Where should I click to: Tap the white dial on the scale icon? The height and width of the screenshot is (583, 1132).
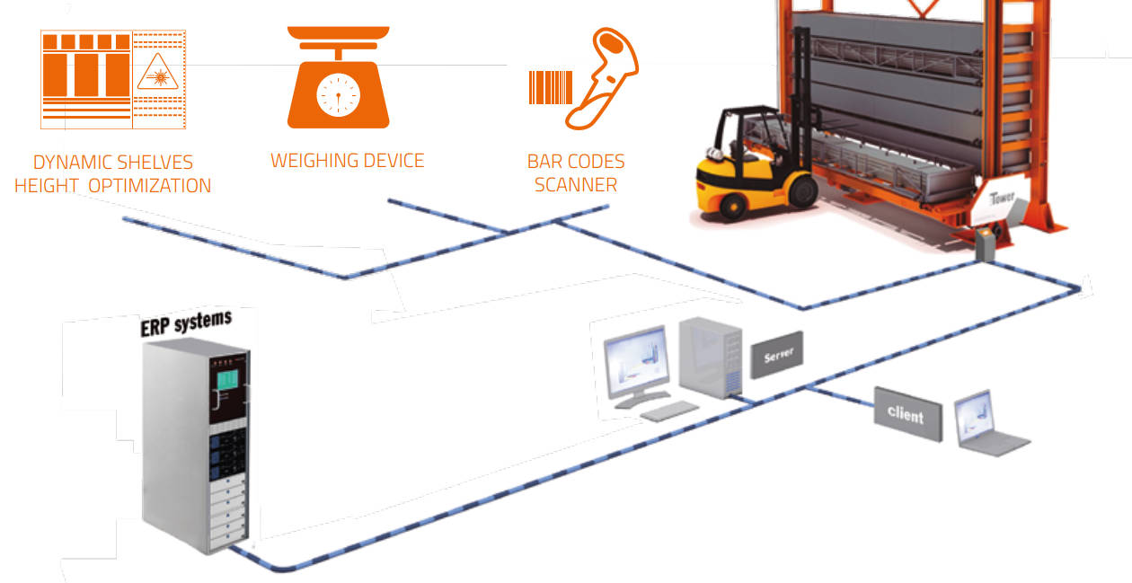click(338, 95)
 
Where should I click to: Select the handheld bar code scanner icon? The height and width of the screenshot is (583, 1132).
click(602, 78)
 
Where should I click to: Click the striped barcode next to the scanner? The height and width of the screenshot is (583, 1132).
click(551, 87)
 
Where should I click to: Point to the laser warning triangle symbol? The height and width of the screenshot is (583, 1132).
click(158, 72)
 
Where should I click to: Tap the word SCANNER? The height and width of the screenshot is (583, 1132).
click(576, 185)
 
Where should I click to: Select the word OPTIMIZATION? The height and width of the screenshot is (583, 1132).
click(149, 186)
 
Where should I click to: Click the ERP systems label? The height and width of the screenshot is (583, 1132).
click(186, 322)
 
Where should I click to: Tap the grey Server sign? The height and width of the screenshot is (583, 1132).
click(777, 355)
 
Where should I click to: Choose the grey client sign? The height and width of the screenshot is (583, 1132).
click(908, 414)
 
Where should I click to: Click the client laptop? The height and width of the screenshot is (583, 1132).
click(988, 423)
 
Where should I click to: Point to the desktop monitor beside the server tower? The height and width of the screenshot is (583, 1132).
click(638, 367)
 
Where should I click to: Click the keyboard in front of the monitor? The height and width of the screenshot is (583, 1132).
click(669, 411)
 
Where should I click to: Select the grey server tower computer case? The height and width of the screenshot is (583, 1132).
click(711, 358)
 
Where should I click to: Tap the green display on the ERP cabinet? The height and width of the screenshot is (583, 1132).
click(227, 379)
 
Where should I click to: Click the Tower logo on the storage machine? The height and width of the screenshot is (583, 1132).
click(1001, 198)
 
